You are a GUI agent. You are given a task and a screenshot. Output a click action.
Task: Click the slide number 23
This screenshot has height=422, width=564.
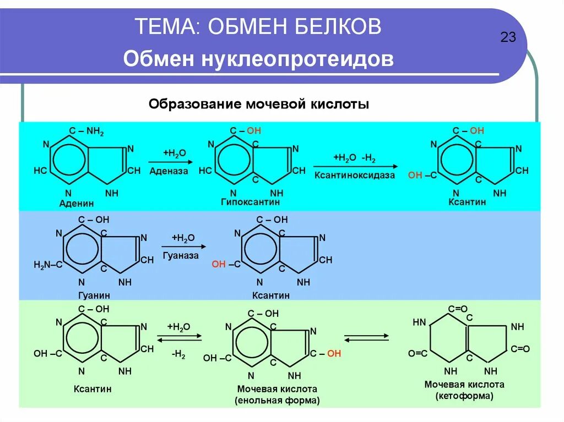pyautogui.click(x=508, y=38)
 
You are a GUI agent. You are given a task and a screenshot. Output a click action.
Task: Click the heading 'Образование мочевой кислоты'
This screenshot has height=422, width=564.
pyautogui.click(x=258, y=104)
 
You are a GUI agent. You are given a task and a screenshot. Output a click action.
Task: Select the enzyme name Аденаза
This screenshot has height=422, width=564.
pyautogui.click(x=169, y=171)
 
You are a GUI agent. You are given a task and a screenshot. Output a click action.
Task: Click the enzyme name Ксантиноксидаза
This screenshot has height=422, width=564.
pyautogui.click(x=355, y=175)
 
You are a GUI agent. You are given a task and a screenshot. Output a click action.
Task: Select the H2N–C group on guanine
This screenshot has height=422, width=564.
pyautogui.click(x=48, y=265)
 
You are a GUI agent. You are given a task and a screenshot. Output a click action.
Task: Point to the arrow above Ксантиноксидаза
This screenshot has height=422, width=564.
pyautogui.click(x=355, y=166)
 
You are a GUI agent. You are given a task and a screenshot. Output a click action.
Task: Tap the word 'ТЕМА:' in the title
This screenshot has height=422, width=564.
pyautogui.click(x=167, y=26)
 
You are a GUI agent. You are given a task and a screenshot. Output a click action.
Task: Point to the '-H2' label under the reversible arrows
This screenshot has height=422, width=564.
pyautogui.click(x=178, y=355)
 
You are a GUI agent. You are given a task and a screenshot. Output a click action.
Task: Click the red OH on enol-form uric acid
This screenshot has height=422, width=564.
pyautogui.click(x=334, y=354)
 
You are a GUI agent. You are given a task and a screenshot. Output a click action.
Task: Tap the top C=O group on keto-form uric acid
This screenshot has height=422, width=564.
pyautogui.click(x=457, y=309)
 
